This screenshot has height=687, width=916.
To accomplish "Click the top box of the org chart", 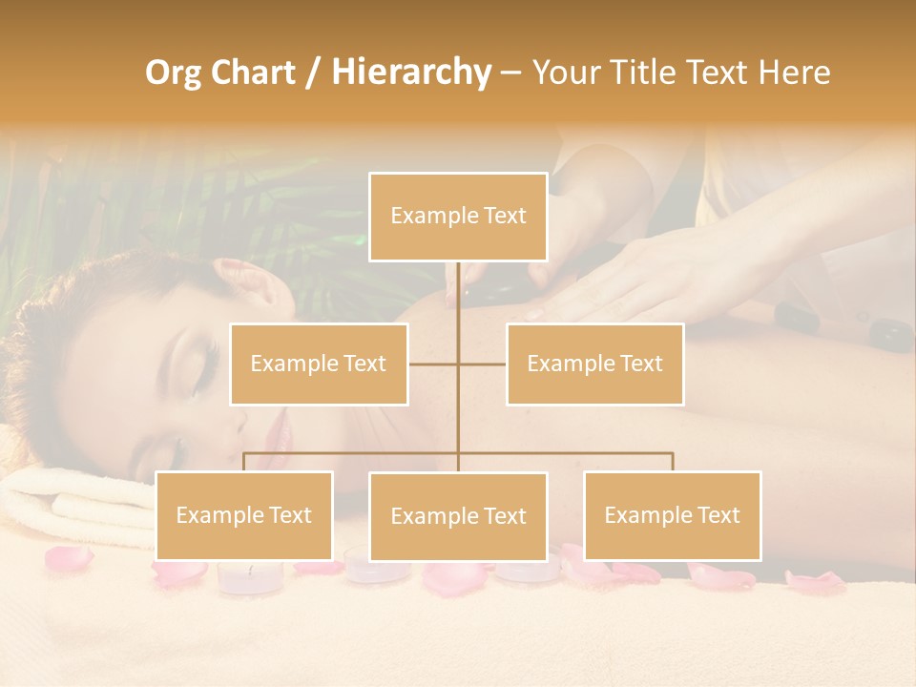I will [458, 217].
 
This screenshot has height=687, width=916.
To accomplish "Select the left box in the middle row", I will [319, 364].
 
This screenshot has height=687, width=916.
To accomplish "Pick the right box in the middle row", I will [594, 364].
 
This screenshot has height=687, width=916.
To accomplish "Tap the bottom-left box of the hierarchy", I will [244, 515].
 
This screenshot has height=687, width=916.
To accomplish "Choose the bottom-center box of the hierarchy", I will [458, 516].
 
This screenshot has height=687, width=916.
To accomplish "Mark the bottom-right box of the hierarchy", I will [672, 515].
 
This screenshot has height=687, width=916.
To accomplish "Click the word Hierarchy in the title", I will [410, 72].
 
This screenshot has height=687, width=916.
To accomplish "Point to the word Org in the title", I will [175, 72].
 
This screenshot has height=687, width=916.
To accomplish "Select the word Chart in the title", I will [252, 72].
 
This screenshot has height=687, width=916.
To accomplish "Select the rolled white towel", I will [76, 501].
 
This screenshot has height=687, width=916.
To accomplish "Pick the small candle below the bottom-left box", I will [250, 574].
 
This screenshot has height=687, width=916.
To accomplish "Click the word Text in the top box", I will [504, 216].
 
